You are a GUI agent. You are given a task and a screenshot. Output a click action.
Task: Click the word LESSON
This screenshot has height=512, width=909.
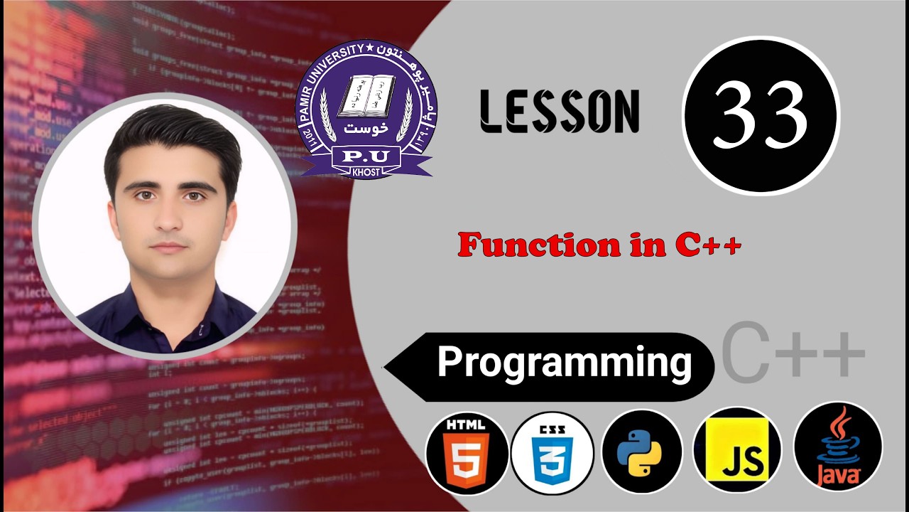(x=559, y=112)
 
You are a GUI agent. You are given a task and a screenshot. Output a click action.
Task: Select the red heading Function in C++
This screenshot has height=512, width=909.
(x=599, y=245)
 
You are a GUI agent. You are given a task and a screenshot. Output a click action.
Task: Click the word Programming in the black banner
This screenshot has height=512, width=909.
(x=565, y=362)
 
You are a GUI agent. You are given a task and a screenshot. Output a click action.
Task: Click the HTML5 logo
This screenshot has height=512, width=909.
(x=467, y=452)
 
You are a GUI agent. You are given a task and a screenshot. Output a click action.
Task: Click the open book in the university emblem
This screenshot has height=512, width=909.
(x=366, y=96)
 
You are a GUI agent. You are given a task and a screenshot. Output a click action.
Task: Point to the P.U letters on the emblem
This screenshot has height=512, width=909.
(x=365, y=156)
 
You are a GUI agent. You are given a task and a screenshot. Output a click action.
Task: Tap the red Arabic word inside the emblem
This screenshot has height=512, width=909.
(x=365, y=129)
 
